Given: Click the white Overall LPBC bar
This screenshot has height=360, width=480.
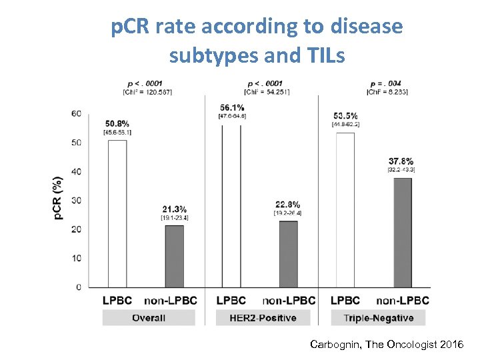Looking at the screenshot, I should coord(117,213).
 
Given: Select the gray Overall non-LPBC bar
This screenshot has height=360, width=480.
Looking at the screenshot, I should coord(174,256).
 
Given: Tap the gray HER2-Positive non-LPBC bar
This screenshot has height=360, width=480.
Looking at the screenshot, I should coord(288,254).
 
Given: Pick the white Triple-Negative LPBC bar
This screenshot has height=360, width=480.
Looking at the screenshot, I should coord(345,209).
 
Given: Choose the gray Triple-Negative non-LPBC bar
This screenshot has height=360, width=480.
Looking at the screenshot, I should coord(402,232).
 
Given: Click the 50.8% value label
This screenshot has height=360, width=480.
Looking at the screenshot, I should coord(117,123).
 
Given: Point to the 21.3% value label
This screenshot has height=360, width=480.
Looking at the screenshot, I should coord(174,209).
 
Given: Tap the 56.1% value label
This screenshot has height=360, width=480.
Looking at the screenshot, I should coord(231,107).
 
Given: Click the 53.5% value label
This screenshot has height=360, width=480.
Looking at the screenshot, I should coord(345,115).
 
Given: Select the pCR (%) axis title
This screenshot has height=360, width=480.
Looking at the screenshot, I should coord(59,199).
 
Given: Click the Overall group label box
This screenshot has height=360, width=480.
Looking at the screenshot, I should coord(149,318).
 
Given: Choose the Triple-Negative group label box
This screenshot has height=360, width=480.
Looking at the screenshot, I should coord(378,318).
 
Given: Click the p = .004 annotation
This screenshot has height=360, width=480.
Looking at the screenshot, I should coord(385,83).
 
